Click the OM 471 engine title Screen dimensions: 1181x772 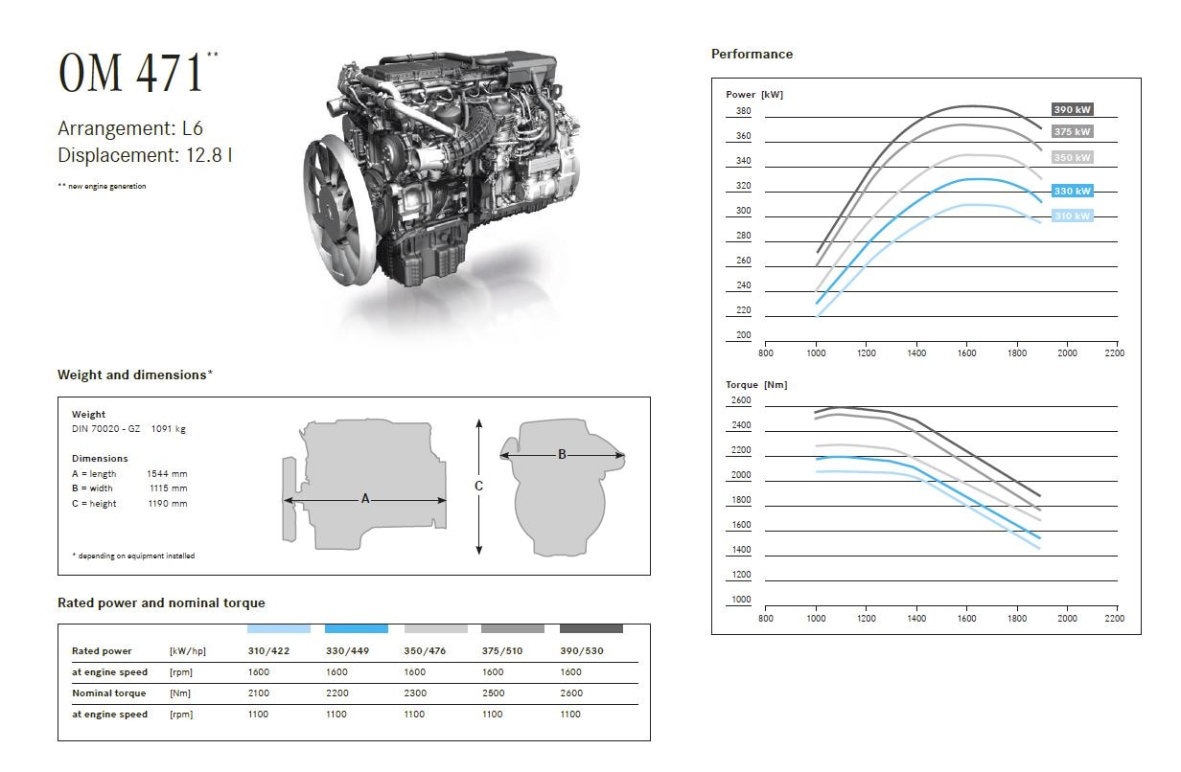tap(131, 73)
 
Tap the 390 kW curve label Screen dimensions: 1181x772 tap(1072, 109)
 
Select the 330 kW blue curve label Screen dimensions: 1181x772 tap(1072, 191)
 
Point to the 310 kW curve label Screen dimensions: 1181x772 tap(1072, 216)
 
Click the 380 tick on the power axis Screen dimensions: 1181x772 tap(743, 111)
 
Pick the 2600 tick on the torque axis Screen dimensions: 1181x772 tap(741, 400)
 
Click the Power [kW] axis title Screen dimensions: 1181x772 tap(753, 94)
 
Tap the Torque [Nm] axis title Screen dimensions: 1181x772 tap(756, 385)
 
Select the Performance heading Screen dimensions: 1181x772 tap(752, 54)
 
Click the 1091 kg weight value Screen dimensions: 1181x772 tap(168, 428)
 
